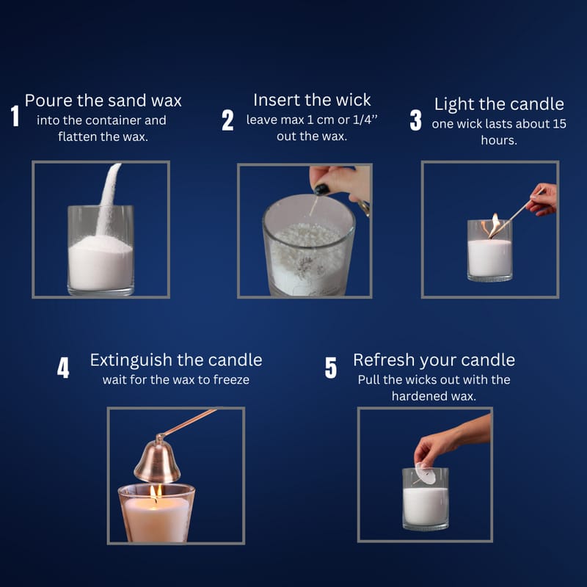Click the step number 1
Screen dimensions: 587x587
tap(15, 116)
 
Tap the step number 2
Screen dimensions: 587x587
tap(227, 120)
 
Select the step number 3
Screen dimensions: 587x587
tap(415, 120)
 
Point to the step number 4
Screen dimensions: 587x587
tap(63, 368)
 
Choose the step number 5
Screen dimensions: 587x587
tap(331, 368)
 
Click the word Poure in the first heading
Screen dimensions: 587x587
tap(48, 101)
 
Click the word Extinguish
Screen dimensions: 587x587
tap(131, 360)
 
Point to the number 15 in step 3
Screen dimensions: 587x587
tap(559, 124)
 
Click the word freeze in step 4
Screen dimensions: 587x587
tap(231, 380)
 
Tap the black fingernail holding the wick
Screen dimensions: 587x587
tap(321, 189)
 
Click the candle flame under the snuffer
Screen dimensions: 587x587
tap(156, 492)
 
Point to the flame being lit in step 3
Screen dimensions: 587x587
tap(494, 225)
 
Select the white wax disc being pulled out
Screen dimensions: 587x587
tap(426, 473)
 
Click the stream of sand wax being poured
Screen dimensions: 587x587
tap(107, 198)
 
